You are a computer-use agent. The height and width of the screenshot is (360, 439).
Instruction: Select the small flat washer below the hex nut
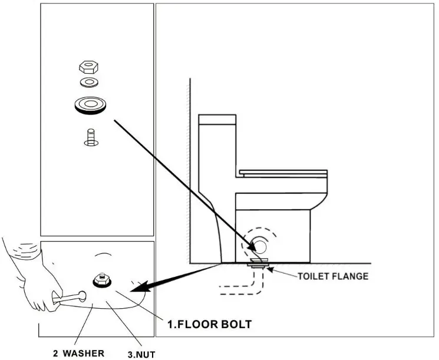point(90,81)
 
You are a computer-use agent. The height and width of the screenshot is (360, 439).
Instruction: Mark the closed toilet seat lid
point(283,172)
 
